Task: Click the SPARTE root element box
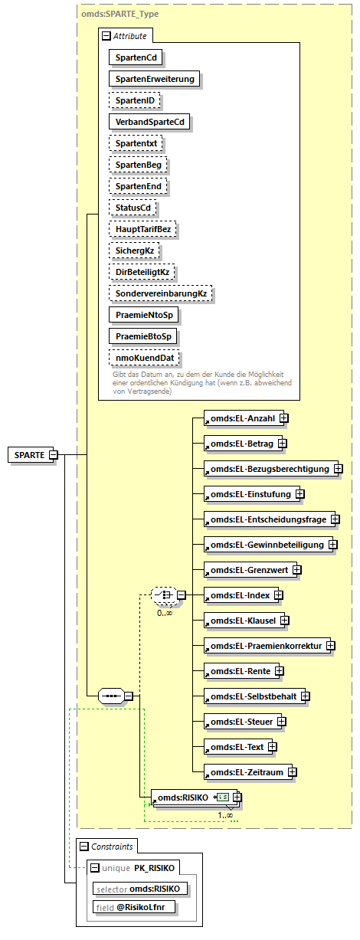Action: [29, 454]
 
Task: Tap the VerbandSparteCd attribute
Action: [149, 122]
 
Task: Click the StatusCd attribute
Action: [133, 208]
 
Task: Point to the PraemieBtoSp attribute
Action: [142, 336]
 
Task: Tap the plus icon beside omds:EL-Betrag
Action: [282, 444]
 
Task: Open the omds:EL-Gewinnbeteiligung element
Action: [267, 545]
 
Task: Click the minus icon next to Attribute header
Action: [105, 35]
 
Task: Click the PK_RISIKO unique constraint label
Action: [155, 868]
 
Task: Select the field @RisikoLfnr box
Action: [135, 907]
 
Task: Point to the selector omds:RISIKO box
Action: [140, 888]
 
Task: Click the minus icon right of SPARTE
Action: [54, 454]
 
